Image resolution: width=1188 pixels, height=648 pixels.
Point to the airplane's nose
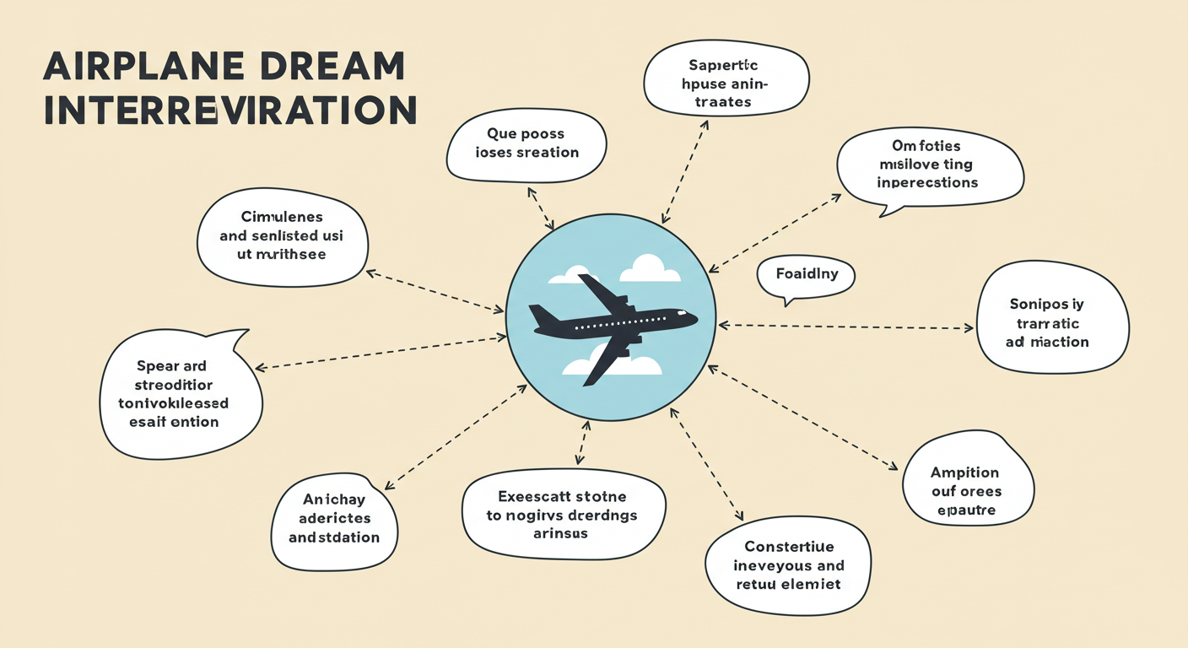[x=693, y=319]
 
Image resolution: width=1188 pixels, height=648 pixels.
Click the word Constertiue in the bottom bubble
[x=788, y=546]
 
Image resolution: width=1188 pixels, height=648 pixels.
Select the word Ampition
[x=964, y=472]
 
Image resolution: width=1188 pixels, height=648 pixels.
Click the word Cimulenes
[x=282, y=217]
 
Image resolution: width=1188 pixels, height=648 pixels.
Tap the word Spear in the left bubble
[x=157, y=366]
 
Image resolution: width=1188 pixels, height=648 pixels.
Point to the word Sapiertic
[x=723, y=65]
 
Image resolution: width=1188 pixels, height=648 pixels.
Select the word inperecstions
[x=927, y=182]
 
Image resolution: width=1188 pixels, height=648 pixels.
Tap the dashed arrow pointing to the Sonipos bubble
[x=844, y=327]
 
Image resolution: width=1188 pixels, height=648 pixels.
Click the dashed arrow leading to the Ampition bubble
[x=802, y=417]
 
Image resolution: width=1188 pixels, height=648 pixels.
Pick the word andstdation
[x=334, y=537]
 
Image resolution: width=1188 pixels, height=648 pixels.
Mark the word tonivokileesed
[x=173, y=403]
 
